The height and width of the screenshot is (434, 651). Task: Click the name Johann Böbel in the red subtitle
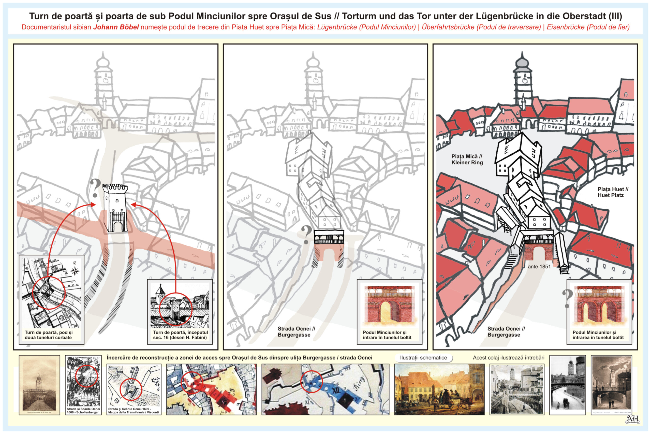[116, 27]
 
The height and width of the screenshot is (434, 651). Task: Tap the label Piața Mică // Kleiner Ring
[467, 160]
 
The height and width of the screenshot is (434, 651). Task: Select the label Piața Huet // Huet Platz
[613, 192]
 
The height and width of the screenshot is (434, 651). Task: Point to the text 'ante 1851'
[539, 267]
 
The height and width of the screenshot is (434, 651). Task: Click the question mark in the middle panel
[306, 235]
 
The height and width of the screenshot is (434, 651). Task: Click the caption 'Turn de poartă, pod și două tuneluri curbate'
[48, 335]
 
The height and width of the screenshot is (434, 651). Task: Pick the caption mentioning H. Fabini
[180, 335]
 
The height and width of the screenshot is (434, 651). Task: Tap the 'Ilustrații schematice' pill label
[423, 358]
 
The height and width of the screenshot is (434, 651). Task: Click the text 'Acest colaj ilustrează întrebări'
[508, 358]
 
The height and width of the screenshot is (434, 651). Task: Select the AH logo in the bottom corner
[632, 419]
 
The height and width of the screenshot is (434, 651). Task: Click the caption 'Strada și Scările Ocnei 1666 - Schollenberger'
[83, 411]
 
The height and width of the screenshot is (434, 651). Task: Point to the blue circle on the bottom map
[311, 382]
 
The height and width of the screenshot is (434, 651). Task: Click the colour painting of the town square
[439, 389]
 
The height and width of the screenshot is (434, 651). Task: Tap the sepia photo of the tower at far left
[39, 385]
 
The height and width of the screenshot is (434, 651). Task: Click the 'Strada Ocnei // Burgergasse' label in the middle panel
[296, 331]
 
